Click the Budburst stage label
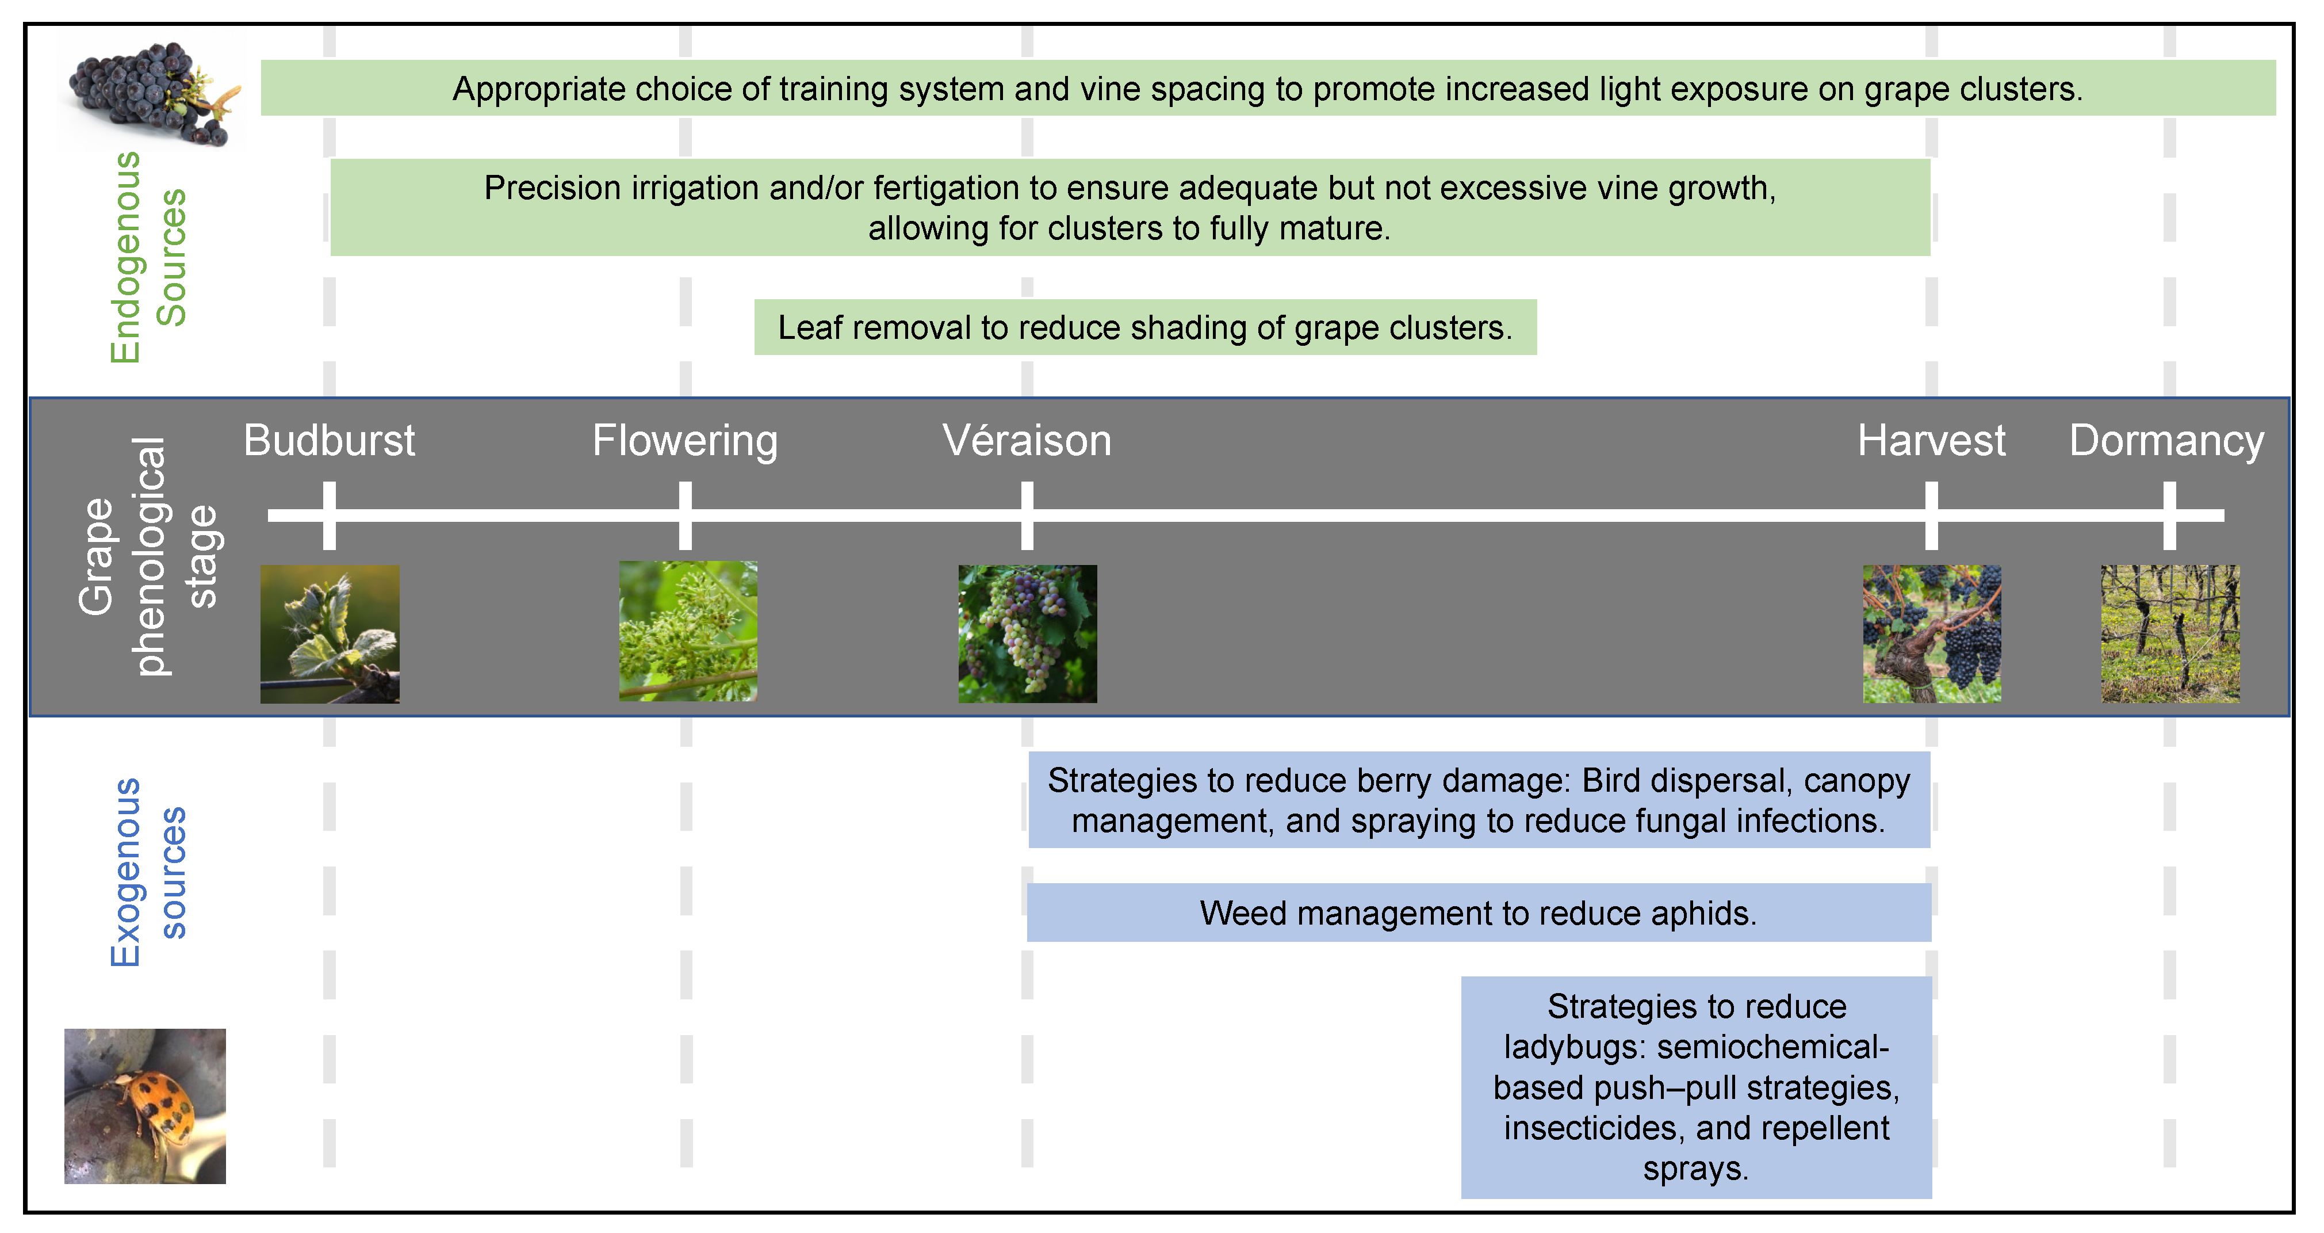pos(330,441)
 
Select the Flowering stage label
pos(685,441)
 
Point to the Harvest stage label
pos(1932,441)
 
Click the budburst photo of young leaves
pos(330,633)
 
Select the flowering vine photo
pos(688,631)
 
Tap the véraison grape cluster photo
pos(1028,633)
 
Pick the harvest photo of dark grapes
pos(1932,633)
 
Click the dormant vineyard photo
pos(2170,633)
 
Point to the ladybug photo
pos(146,1106)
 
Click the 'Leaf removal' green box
pos(1146,327)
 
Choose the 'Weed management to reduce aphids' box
pos(1479,913)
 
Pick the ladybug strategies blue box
pos(1696,1087)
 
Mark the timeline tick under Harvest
pos(1932,516)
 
